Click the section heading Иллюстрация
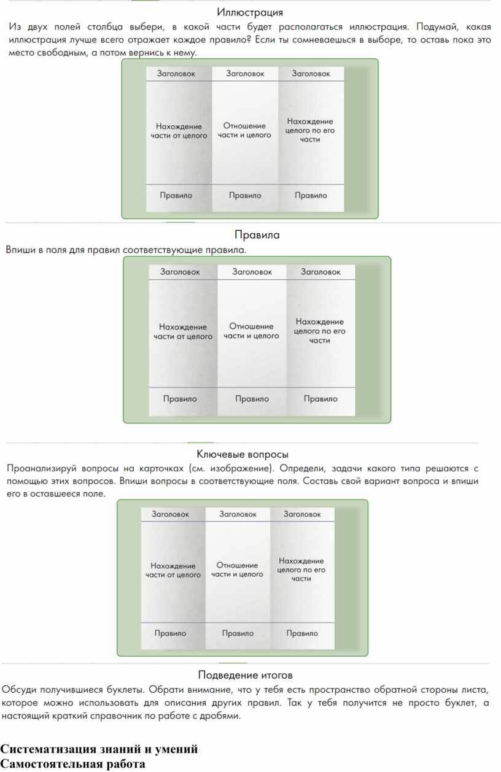pyautogui.click(x=250, y=13)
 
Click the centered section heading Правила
pyautogui.click(x=257, y=234)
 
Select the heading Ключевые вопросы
pyautogui.click(x=243, y=454)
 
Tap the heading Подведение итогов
pyautogui.click(x=245, y=675)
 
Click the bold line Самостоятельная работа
pyautogui.click(x=72, y=764)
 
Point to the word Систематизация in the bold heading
pyautogui.click(x=49, y=749)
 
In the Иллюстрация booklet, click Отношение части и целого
pyautogui.click(x=244, y=130)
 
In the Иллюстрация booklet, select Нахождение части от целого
pyautogui.click(x=179, y=131)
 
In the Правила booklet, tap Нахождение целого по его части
pyautogui.click(x=320, y=331)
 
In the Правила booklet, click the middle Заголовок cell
pyautogui.click(x=252, y=272)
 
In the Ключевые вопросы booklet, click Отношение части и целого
pyautogui.click(x=237, y=569)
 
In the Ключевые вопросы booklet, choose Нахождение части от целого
pyautogui.click(x=173, y=570)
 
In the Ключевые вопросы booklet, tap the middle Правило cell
pyautogui.click(x=238, y=633)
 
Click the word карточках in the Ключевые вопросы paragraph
pyautogui.click(x=161, y=469)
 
